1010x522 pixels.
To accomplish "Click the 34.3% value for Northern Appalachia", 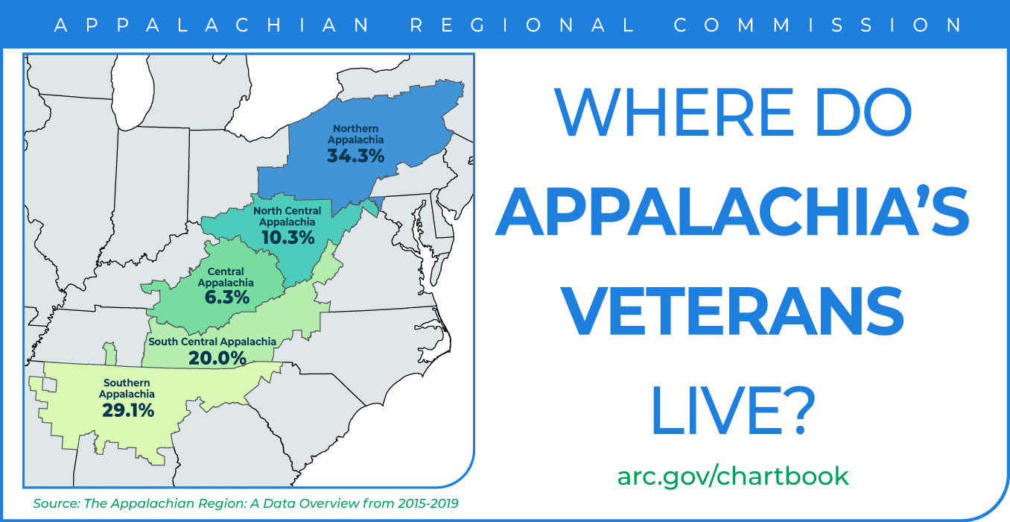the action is [356, 157].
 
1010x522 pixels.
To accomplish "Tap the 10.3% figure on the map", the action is [288, 238].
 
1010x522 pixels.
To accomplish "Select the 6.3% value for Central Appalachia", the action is [226, 298].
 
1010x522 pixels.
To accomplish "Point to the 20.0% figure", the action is [217, 359].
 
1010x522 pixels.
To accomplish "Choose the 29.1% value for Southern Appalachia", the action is [128, 411].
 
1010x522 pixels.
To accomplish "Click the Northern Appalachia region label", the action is [356, 134].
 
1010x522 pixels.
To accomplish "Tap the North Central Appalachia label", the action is [288, 216].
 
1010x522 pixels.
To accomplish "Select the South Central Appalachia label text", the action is [212, 342].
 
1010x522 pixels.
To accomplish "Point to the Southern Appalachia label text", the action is [127, 389].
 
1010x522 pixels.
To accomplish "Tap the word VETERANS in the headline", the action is [732, 311].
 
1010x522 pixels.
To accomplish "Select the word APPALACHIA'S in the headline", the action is [732, 211].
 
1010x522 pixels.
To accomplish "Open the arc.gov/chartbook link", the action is [733, 477].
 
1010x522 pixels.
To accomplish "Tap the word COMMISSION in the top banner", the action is [818, 25].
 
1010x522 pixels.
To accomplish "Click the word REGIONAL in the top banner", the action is [522, 25].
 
